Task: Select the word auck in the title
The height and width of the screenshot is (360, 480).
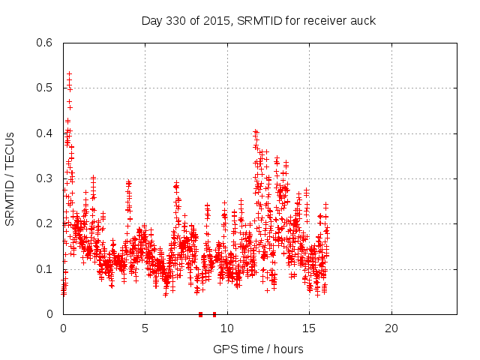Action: [363, 20]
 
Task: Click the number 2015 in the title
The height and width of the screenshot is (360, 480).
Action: [215, 20]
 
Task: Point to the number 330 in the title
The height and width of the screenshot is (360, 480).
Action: [180, 20]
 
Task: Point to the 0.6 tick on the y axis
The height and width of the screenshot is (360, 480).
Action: [46, 43]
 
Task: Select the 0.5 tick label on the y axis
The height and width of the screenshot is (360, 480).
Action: [46, 88]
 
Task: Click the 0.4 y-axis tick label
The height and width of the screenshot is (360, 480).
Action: [46, 133]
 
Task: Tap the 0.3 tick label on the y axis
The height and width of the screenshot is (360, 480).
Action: [46, 178]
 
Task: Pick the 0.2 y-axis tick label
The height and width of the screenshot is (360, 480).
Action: [46, 223]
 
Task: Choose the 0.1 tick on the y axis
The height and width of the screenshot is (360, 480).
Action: [46, 269]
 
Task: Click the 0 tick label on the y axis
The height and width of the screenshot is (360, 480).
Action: [50, 314]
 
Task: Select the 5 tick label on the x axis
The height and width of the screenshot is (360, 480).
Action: [145, 328]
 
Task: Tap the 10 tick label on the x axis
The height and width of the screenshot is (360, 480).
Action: [227, 328]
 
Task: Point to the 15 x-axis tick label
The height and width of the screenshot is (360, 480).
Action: [309, 328]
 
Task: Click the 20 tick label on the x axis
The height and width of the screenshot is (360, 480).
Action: [391, 328]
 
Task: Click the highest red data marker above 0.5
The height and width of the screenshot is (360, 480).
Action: [69, 74]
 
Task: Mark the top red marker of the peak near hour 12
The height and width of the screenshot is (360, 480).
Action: [256, 131]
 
